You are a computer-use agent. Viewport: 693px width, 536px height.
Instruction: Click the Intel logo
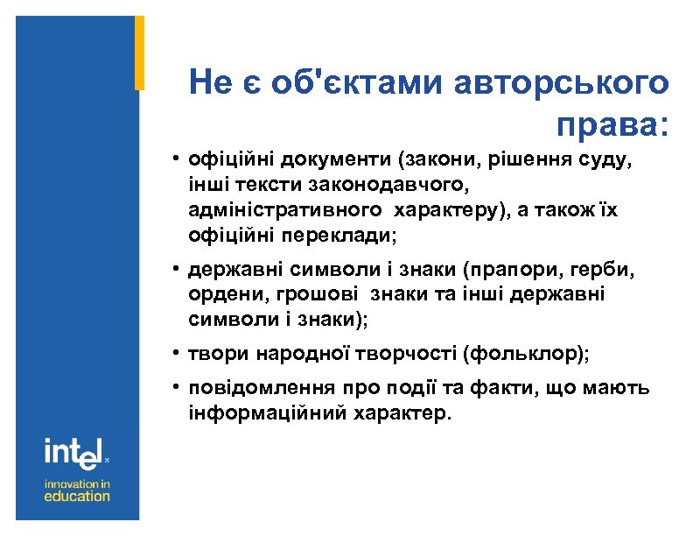tap(75, 451)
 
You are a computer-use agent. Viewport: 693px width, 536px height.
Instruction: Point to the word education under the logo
tap(77, 496)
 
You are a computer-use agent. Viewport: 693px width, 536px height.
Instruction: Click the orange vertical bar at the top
tap(139, 53)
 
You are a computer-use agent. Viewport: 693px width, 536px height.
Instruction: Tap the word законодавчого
tap(397, 186)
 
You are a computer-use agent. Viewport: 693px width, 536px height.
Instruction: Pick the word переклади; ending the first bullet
tap(338, 236)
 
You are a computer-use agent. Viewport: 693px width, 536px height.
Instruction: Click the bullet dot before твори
tap(176, 354)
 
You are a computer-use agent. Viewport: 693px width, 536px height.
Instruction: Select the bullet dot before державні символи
tap(176, 271)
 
